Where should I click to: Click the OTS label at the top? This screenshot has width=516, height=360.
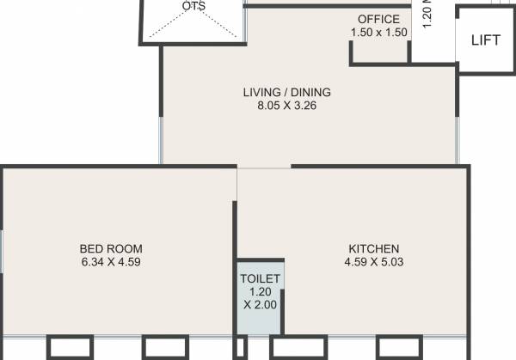(x=193, y=6)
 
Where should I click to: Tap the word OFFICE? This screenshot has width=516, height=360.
(x=378, y=19)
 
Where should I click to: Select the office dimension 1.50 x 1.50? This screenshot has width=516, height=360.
(x=378, y=32)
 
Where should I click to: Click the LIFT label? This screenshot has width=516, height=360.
(x=485, y=40)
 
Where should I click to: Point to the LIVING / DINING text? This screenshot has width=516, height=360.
(x=286, y=92)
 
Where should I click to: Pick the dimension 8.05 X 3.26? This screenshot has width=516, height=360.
(x=286, y=106)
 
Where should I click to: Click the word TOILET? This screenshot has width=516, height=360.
(x=259, y=279)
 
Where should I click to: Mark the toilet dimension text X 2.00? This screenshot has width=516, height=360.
(x=259, y=306)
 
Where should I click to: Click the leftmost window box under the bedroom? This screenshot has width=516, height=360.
(x=70, y=348)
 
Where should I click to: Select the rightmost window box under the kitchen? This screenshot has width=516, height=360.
(x=400, y=348)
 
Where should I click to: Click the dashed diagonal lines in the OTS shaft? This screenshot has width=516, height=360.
(x=172, y=26)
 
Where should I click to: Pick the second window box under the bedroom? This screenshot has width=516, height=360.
(x=165, y=348)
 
